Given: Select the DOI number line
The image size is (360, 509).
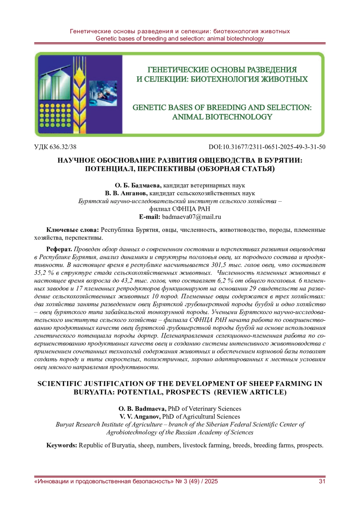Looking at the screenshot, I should (x=267, y=147).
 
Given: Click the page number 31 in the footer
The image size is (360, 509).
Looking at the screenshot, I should (x=322, y=482).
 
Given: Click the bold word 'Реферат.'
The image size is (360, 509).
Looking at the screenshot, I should (x=59, y=249).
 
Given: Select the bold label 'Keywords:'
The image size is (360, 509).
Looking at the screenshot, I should (x=62, y=445).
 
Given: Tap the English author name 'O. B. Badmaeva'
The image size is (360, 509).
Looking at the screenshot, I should (x=142, y=409).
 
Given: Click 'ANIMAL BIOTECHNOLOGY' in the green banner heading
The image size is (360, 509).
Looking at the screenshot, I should (x=222, y=117).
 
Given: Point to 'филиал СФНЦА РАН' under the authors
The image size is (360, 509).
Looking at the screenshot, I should (x=180, y=209).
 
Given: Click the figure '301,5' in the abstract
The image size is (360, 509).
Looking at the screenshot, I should (x=218, y=265).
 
